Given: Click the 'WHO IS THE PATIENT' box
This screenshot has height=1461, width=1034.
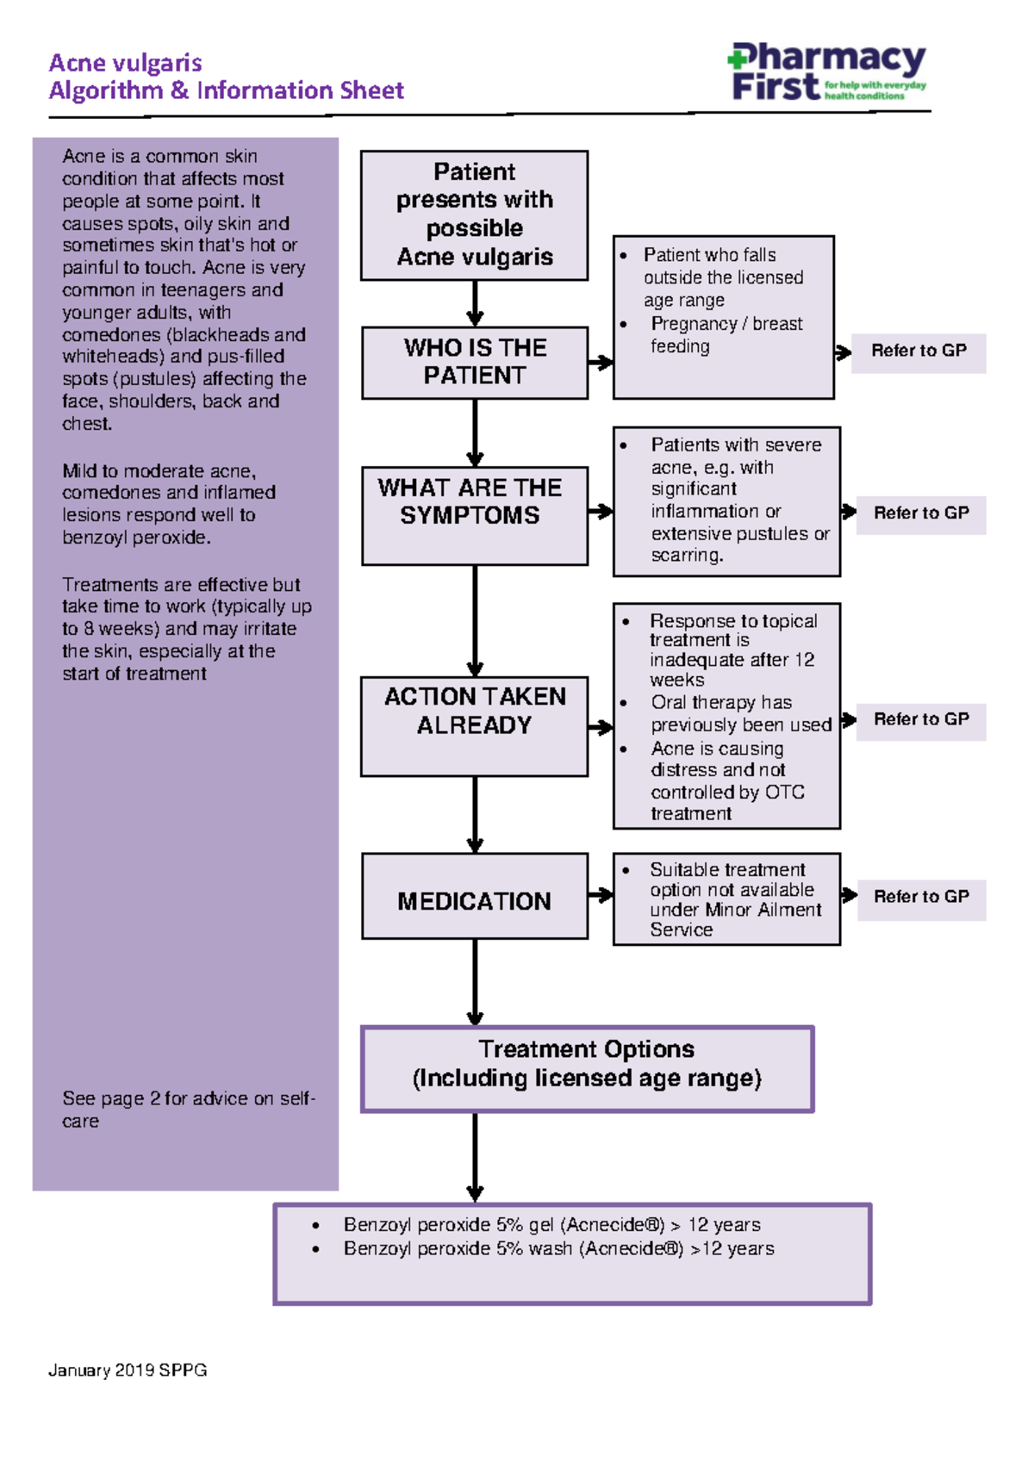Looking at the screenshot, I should click(x=475, y=362).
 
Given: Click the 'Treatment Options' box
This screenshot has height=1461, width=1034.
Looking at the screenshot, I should click(x=587, y=1068).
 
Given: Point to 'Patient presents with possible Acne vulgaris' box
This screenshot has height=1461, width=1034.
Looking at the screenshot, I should click(x=475, y=215).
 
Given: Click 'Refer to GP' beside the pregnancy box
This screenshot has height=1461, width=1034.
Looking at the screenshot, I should click(x=918, y=351).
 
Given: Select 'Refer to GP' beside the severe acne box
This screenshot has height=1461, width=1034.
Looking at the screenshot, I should click(x=920, y=513).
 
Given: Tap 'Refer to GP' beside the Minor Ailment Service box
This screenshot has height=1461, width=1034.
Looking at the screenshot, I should click(x=920, y=898).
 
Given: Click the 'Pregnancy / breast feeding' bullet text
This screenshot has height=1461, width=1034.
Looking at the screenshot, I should click(x=726, y=335).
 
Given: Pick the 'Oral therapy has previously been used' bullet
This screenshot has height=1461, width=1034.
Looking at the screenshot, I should click(x=740, y=714).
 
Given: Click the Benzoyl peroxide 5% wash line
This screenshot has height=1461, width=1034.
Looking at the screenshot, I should click(x=558, y=1249).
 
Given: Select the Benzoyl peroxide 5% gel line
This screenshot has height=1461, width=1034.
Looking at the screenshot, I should click(x=551, y=1225).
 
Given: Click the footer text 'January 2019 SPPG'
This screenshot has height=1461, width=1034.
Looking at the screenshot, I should click(x=128, y=1371).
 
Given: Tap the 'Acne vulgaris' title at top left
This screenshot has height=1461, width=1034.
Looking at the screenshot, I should click(x=126, y=63).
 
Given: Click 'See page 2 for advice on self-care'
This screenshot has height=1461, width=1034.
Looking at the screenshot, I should click(x=187, y=1110).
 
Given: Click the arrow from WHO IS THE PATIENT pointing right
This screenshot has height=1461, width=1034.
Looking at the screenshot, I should click(x=601, y=363).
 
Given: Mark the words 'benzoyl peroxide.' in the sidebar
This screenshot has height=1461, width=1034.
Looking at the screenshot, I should click(x=135, y=538).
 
